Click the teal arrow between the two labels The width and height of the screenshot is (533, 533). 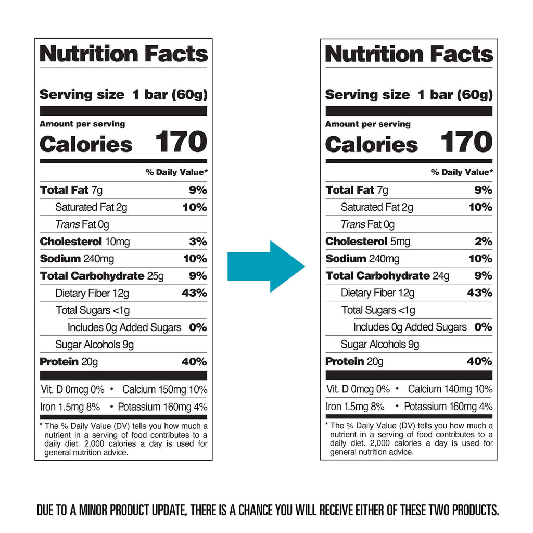[265, 266]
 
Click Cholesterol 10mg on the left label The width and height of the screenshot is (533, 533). [85, 242]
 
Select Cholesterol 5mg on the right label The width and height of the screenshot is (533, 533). [367, 242]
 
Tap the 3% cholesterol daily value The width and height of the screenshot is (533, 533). [198, 242]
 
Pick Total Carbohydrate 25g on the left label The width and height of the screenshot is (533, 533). [101, 276]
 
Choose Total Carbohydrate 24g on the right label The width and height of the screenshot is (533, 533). [387, 276]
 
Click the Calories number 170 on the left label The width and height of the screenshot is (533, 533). [181, 142]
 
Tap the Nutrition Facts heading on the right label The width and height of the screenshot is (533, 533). [409, 54]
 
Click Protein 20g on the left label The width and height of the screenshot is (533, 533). [69, 362]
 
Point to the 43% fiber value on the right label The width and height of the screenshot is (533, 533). [479, 293]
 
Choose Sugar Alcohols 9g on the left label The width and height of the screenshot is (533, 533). [94, 345]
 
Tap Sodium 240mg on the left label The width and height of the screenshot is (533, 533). [77, 259]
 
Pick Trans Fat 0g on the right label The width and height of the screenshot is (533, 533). [367, 224]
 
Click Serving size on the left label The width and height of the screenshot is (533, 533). [82, 95]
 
